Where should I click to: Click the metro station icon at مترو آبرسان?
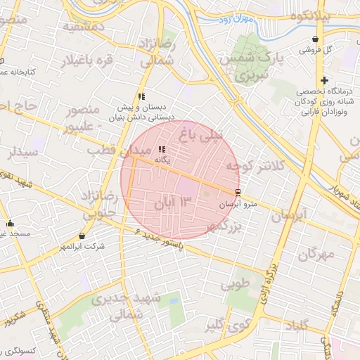pos(237,192)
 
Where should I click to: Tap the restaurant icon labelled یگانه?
pos(162,149)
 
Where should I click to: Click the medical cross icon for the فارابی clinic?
pos(324,81)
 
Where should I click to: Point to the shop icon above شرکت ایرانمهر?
pos(83,236)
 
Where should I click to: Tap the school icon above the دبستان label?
pos(141,96)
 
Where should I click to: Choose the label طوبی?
pos(236,285)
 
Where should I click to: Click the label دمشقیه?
pos(84,28)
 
